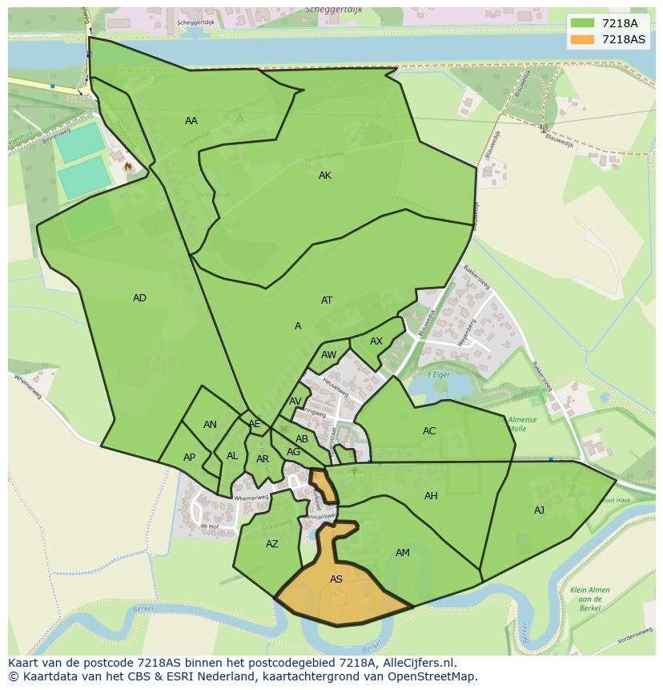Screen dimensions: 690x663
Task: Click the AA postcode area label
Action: pyautogui.click(x=191, y=121)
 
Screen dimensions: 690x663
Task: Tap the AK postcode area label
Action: pyautogui.click(x=324, y=176)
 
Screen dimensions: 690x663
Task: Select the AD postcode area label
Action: pyautogui.click(x=139, y=298)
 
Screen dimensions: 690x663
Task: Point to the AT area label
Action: pyautogui.click(x=327, y=301)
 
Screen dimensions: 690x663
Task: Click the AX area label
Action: pyautogui.click(x=376, y=341)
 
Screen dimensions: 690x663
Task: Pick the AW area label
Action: pyautogui.click(x=328, y=355)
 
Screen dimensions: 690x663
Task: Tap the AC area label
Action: pyautogui.click(x=429, y=431)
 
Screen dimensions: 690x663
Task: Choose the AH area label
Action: pyautogui.click(x=431, y=496)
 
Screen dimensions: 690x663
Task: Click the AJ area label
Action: pyautogui.click(x=539, y=510)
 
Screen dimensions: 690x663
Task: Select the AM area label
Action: pyautogui.click(x=403, y=553)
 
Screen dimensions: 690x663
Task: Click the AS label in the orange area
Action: pyautogui.click(x=336, y=579)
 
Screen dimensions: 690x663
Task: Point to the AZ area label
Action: pyautogui.click(x=272, y=544)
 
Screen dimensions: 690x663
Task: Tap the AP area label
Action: pyautogui.click(x=189, y=458)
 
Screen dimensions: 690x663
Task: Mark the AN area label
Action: pyautogui.click(x=210, y=425)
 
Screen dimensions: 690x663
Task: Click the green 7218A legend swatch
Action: pyautogui.click(x=582, y=23)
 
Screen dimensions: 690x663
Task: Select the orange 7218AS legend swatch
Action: pyautogui.click(x=582, y=39)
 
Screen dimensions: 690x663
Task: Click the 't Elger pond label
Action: pyautogui.click(x=437, y=374)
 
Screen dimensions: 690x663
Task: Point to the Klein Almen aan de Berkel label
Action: pyautogui.click(x=590, y=599)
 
